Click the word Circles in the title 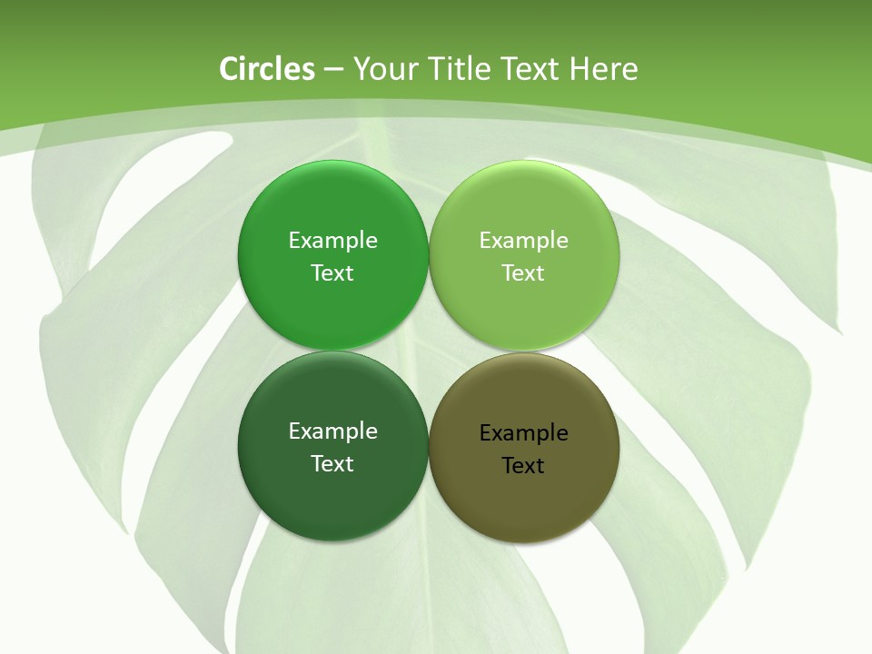(x=267, y=69)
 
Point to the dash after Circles (x=332, y=70)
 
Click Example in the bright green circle (x=332, y=240)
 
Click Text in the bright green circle (x=332, y=272)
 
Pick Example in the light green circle (x=523, y=240)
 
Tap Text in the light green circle (x=523, y=272)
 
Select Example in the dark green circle (x=332, y=431)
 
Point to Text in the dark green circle (x=332, y=463)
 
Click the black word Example (x=523, y=432)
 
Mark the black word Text (x=523, y=465)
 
